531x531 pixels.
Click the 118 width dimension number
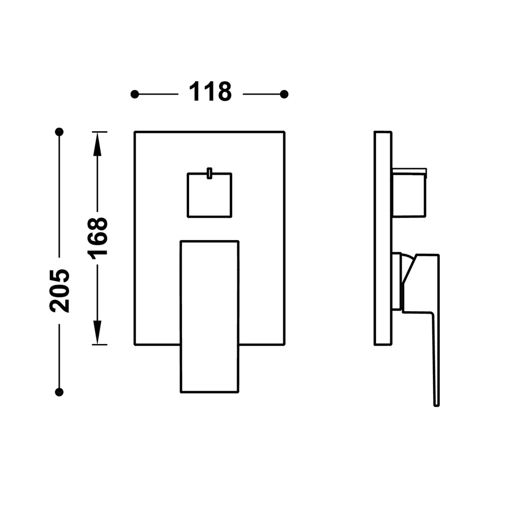(210, 91)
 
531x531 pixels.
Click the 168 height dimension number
(98, 236)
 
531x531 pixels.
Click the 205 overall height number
(59, 290)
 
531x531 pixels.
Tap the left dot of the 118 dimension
(135, 94)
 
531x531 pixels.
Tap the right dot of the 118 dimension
(284, 94)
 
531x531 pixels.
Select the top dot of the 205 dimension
(59, 132)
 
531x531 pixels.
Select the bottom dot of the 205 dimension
(59, 392)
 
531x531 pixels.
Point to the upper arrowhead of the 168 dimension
(98, 144)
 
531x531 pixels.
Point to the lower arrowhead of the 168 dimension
(98, 332)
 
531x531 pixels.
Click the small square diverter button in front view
(210, 195)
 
